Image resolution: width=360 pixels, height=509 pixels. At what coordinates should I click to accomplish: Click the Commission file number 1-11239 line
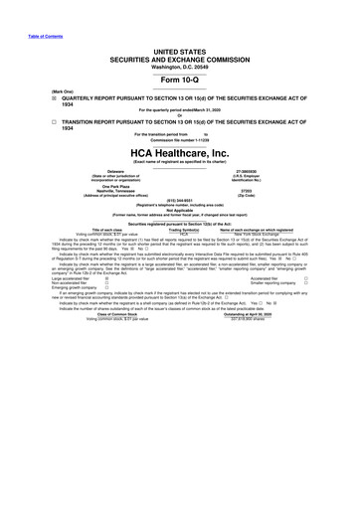click(x=179, y=140)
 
